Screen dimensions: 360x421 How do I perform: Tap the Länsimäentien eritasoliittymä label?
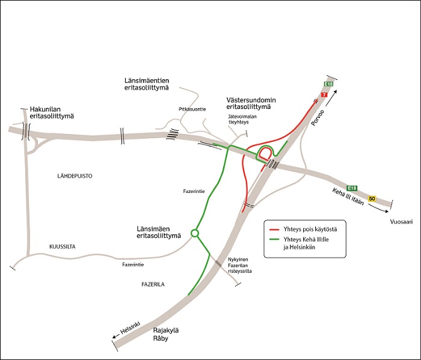(143, 84)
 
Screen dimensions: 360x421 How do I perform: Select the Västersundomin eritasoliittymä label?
(248, 102)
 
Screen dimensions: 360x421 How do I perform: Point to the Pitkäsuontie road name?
(192, 109)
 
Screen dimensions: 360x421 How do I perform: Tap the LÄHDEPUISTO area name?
(75, 176)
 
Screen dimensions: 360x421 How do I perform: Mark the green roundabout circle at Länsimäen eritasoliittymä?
(194, 233)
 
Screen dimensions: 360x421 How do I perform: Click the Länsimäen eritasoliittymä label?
(159, 231)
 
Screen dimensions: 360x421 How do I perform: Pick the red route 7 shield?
(324, 95)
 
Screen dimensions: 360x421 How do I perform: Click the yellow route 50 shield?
(372, 199)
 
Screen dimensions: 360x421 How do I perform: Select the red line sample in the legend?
(275, 230)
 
